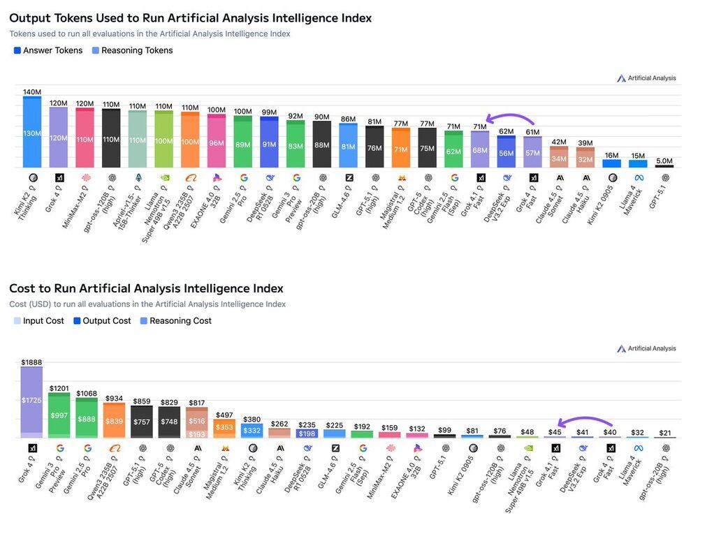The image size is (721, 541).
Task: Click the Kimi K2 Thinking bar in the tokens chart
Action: [x=32, y=133]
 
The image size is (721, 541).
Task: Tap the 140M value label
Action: [x=32, y=92]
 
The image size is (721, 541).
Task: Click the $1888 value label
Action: [x=31, y=362]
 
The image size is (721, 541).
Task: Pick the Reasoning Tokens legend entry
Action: [x=132, y=50]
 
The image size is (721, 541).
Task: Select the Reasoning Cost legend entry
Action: [x=175, y=321]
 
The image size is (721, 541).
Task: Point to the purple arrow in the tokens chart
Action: [x=509, y=119]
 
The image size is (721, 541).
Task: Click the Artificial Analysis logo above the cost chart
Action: [x=646, y=348]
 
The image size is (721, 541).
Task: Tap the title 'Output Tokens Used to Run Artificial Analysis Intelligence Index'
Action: [x=190, y=18]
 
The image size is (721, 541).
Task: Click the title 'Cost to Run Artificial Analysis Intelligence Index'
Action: [x=146, y=288]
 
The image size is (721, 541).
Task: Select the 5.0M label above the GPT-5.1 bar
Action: [x=664, y=160]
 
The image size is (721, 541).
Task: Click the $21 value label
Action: [x=665, y=433]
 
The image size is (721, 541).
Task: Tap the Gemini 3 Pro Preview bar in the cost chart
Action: [x=59, y=415]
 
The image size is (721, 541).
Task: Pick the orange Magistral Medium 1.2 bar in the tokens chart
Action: [x=400, y=148]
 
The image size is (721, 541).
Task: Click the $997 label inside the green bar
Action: [x=59, y=415]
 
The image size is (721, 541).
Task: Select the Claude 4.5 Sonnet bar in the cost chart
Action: [x=198, y=422]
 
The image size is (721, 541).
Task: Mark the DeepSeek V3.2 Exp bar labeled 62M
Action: [x=507, y=152]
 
